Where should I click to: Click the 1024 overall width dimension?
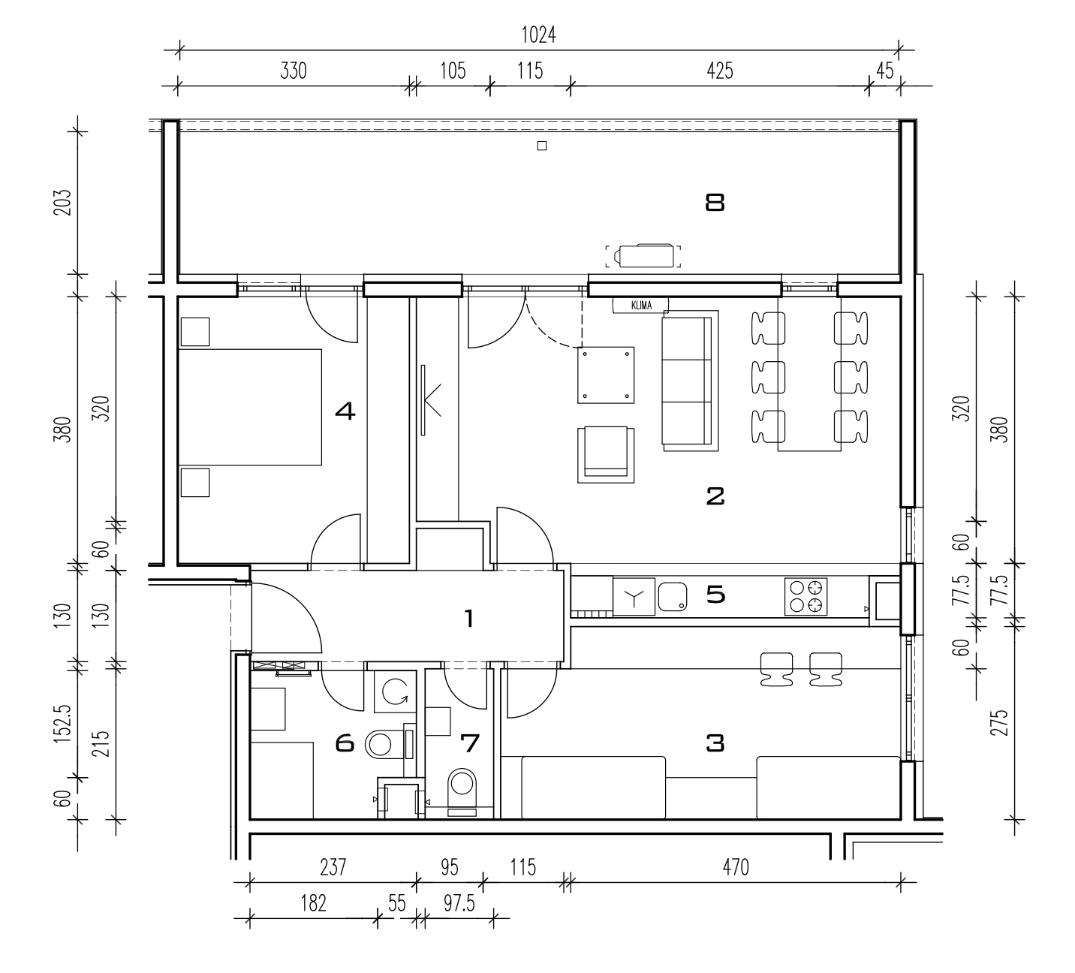538,35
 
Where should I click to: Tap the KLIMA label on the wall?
641,306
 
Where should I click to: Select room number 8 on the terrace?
715,203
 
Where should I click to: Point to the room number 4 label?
345,411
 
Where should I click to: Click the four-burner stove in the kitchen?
806,596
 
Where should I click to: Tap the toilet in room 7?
462,792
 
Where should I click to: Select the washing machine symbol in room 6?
395,691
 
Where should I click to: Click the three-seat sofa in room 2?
690,381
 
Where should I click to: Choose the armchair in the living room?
606,455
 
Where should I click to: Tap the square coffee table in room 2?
606,375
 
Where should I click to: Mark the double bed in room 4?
250,408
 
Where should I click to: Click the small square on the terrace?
542,146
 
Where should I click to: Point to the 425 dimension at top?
720,71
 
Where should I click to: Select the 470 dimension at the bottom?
735,867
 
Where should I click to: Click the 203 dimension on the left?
63,201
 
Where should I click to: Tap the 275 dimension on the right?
1000,723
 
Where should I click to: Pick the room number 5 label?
716,595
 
